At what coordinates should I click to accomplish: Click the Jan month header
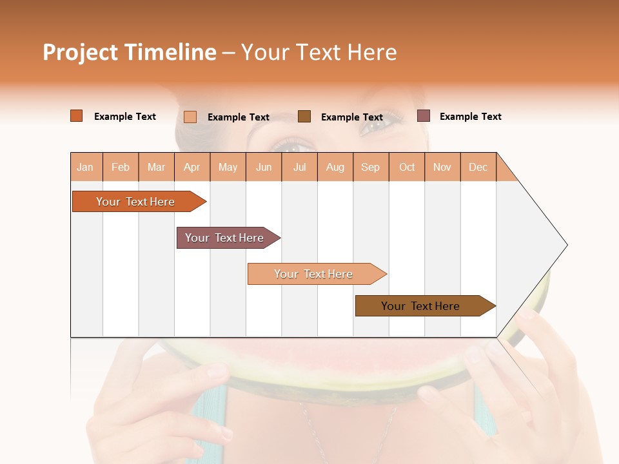(x=86, y=167)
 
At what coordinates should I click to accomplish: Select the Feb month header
(x=121, y=167)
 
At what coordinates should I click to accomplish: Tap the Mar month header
(x=156, y=167)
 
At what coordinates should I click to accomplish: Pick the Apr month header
(x=192, y=167)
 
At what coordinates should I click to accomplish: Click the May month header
(x=228, y=167)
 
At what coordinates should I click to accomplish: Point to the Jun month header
(x=264, y=167)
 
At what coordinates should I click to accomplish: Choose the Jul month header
(x=299, y=167)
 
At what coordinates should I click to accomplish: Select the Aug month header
(x=335, y=167)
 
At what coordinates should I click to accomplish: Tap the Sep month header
(x=371, y=167)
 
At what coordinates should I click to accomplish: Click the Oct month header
(x=407, y=167)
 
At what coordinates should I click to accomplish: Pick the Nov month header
(x=442, y=167)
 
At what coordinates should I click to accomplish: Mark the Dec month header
(x=478, y=167)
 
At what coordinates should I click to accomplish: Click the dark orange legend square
(x=77, y=116)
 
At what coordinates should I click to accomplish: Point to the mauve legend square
(x=424, y=116)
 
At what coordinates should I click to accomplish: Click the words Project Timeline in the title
(x=130, y=52)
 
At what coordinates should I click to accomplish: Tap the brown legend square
(x=304, y=117)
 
